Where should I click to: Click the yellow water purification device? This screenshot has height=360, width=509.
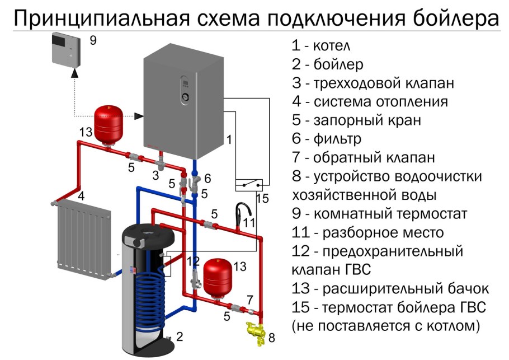(257, 331)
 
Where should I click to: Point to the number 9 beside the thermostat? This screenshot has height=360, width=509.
(93, 40)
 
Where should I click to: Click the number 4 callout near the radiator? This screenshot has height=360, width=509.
(81, 196)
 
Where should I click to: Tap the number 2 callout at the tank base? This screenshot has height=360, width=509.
(180, 336)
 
